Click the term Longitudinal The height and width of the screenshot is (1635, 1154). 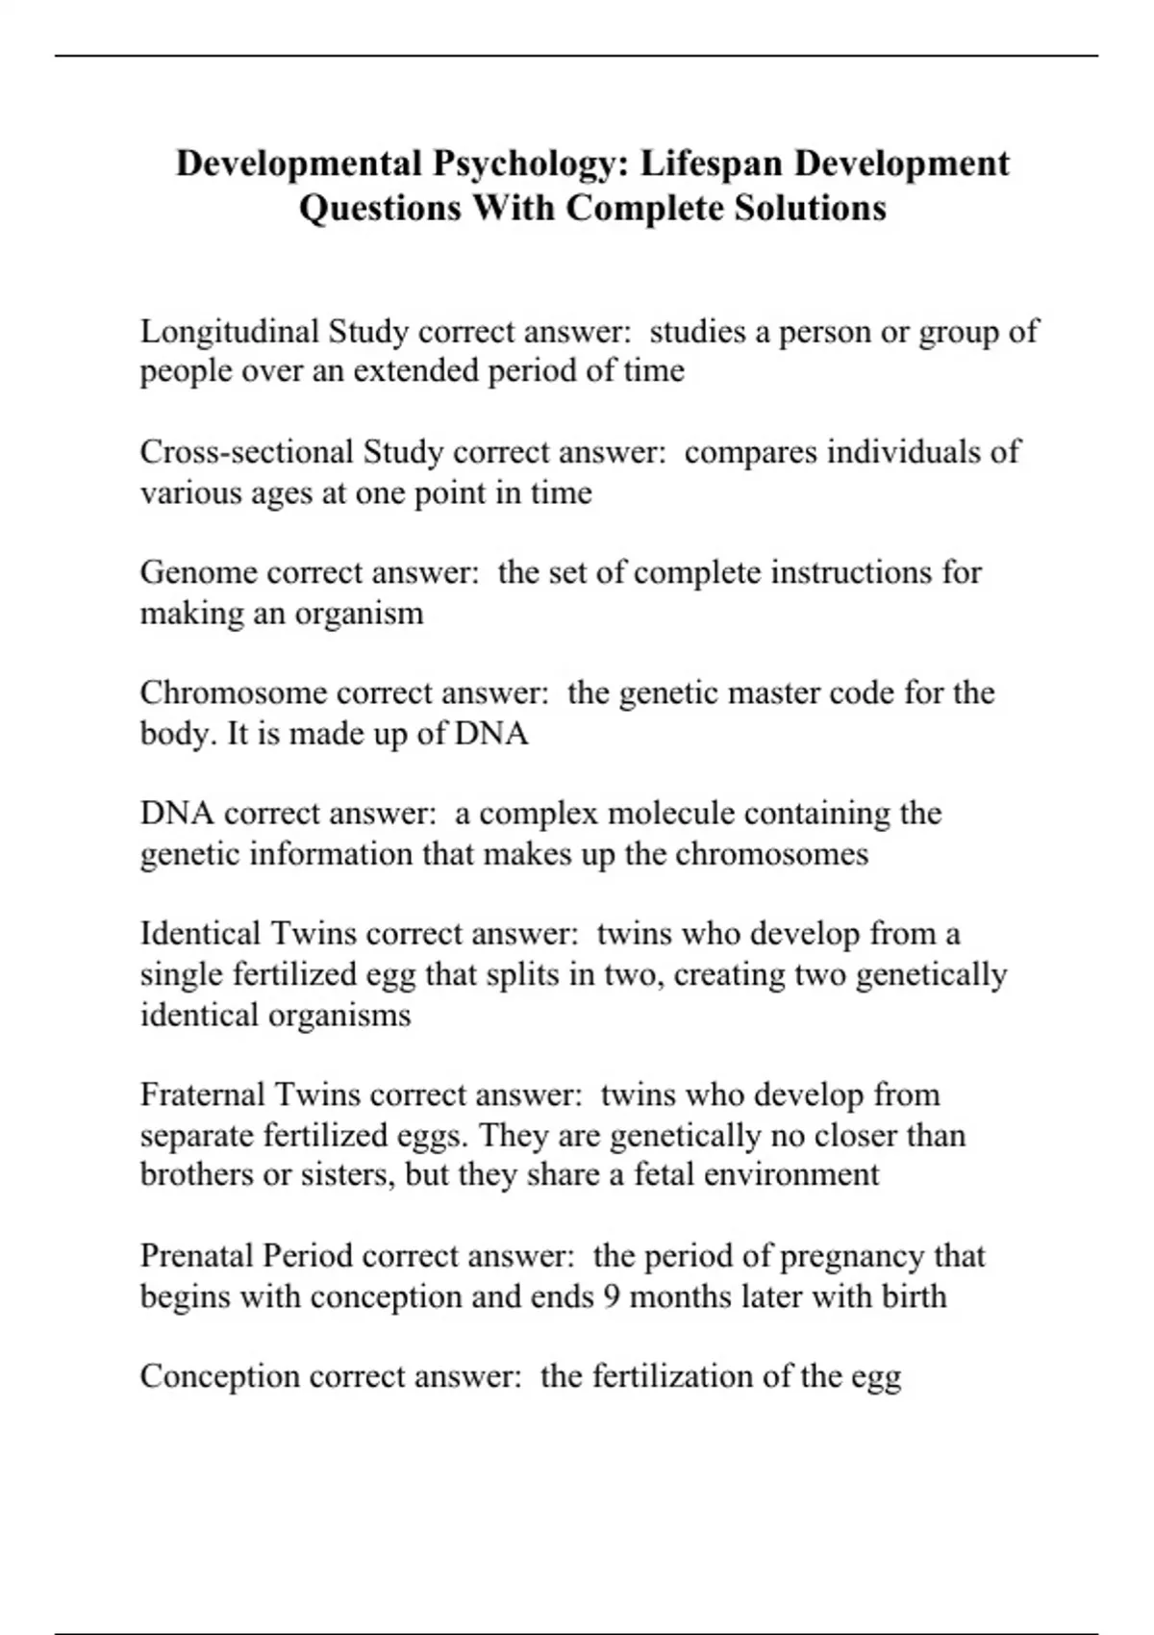tap(230, 332)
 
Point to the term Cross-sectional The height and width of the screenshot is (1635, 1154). tap(247, 452)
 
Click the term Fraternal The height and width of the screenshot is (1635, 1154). tap(202, 1094)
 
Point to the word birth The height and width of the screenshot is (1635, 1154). tap(915, 1296)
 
